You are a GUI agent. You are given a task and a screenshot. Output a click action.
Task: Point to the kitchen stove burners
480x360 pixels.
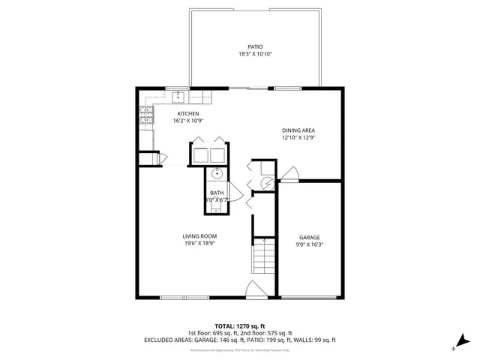point(145,115)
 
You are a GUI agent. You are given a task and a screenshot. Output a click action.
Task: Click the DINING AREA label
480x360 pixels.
point(298,130)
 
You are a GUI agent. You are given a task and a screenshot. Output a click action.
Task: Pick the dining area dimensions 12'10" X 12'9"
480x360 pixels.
point(298,137)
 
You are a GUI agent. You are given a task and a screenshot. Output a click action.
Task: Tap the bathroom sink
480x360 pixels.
point(217,175)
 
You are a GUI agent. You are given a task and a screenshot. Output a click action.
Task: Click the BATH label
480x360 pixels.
point(217,193)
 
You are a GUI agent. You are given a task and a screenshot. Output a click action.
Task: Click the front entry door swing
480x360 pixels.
point(253,289)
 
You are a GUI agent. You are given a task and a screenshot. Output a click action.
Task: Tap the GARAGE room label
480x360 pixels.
point(310,236)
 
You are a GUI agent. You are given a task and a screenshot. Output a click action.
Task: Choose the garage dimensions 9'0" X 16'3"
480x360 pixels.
point(310,244)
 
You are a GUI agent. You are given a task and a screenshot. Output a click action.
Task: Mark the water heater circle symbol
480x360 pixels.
point(265,182)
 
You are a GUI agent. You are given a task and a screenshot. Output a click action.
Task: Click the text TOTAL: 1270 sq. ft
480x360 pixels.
point(239,326)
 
